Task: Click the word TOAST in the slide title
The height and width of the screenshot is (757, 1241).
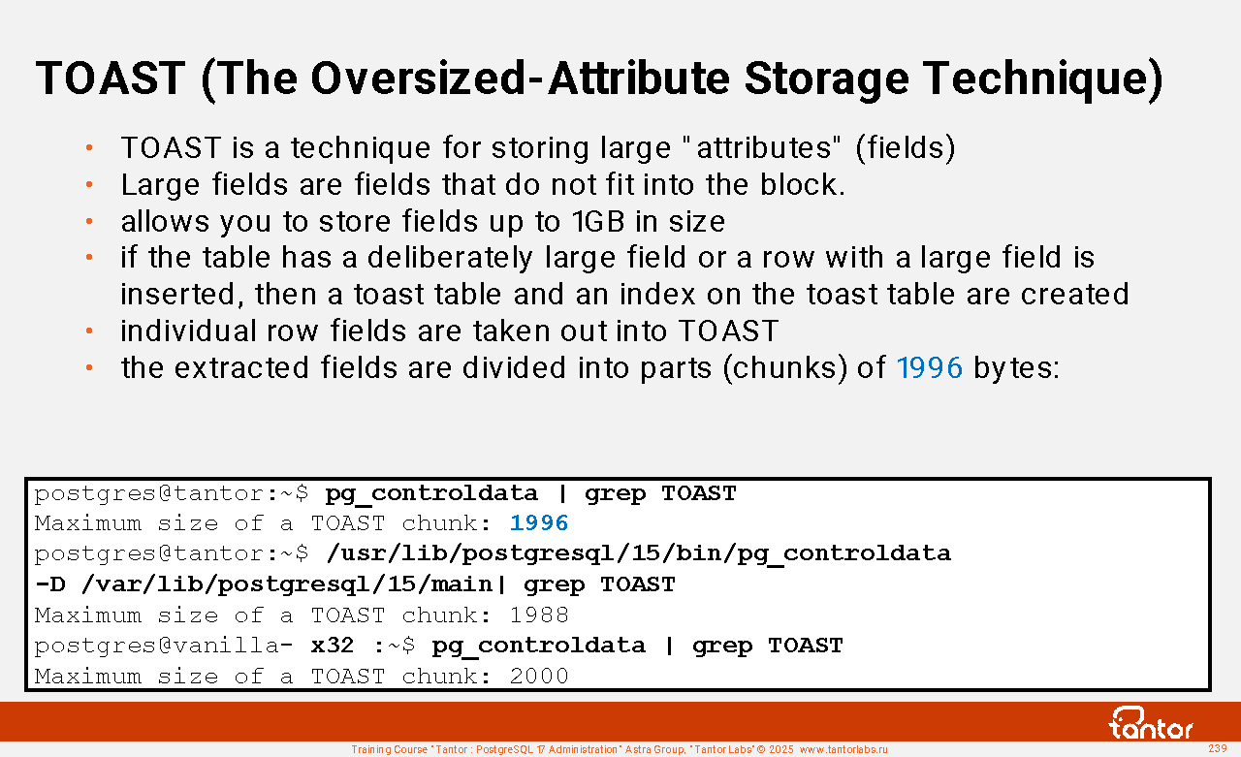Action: pyautogui.click(x=111, y=79)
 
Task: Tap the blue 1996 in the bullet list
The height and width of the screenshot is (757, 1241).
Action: pyautogui.click(x=929, y=367)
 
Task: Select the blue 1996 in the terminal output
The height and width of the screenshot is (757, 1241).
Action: pyautogui.click(x=538, y=523)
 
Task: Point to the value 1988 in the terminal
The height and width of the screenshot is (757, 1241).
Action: pyautogui.click(x=538, y=615)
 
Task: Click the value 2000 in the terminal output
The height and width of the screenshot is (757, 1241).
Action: pyautogui.click(x=538, y=677)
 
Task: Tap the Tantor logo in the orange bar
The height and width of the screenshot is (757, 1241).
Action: pyautogui.click(x=1150, y=723)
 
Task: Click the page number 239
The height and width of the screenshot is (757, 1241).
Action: pyautogui.click(x=1217, y=748)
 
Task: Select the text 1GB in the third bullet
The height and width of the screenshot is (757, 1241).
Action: pyautogui.click(x=598, y=222)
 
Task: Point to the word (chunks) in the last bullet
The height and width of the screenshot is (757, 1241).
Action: pyautogui.click(x=785, y=368)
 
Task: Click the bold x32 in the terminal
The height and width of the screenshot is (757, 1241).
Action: pyautogui.click(x=332, y=646)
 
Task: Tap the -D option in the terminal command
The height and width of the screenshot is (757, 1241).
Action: pyautogui.click(x=49, y=584)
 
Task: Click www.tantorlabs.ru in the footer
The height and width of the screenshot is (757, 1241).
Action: pyautogui.click(x=843, y=749)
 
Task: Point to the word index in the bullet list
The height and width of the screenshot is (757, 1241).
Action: pyautogui.click(x=657, y=294)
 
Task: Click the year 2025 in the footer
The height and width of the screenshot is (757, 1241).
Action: pyautogui.click(x=781, y=749)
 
